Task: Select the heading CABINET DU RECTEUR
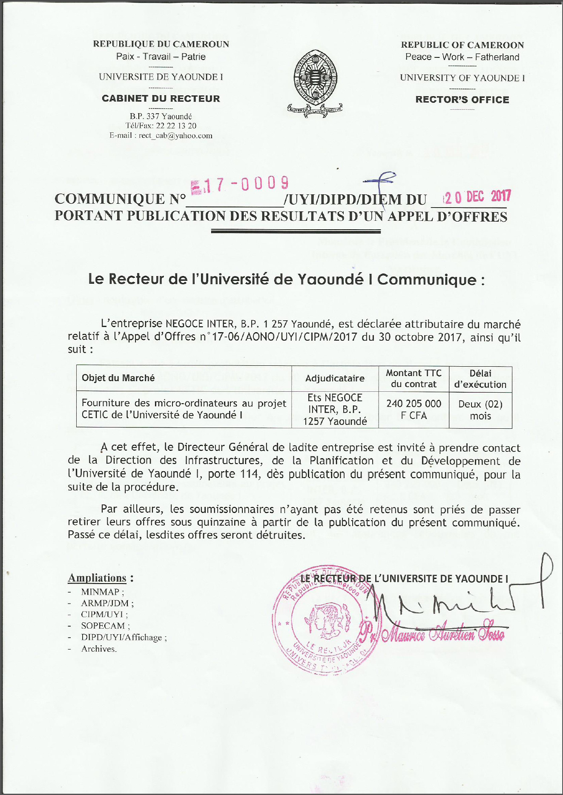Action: pos(161,99)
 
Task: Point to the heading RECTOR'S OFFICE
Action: pos(462,100)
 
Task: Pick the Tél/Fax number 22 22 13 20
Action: pos(176,125)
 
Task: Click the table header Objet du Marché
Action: pos(118,378)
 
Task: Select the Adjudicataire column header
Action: pos(335,378)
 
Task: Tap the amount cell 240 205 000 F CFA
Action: pos(414,409)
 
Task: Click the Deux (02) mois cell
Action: pos(480,410)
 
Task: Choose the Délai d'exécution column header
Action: pos(480,379)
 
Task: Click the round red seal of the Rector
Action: pos(324,619)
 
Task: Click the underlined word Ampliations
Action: pos(97,578)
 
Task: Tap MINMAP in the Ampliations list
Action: pos(100,592)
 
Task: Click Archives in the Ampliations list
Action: pos(98,649)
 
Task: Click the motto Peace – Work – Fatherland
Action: pos(462,57)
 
